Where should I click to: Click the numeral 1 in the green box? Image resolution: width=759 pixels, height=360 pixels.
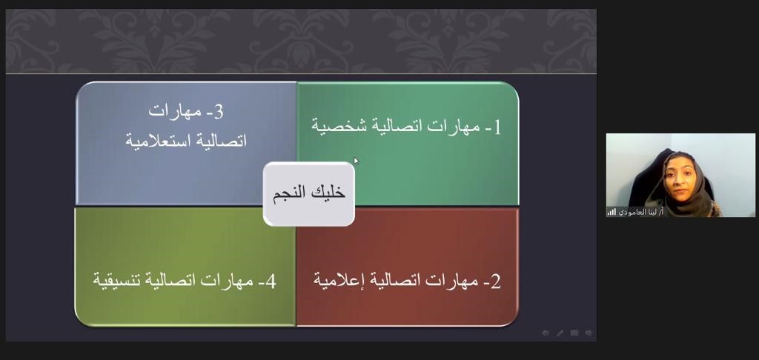click(x=497, y=127)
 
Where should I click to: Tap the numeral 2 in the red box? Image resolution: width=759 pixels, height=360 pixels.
click(x=496, y=281)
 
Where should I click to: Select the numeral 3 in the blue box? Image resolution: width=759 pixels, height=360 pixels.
click(x=218, y=111)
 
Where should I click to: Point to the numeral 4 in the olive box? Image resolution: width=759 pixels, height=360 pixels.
click(x=271, y=281)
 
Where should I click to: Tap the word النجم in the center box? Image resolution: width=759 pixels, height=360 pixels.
click(x=289, y=193)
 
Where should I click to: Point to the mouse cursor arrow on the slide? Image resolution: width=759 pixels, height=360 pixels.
click(x=357, y=161)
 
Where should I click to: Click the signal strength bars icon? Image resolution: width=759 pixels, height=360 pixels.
click(x=611, y=212)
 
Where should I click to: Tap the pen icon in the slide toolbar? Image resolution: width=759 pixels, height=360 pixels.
click(x=560, y=333)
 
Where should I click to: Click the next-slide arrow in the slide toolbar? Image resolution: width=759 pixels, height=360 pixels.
click(x=589, y=333)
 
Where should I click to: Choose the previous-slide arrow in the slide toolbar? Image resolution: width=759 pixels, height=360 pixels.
click(x=546, y=333)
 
